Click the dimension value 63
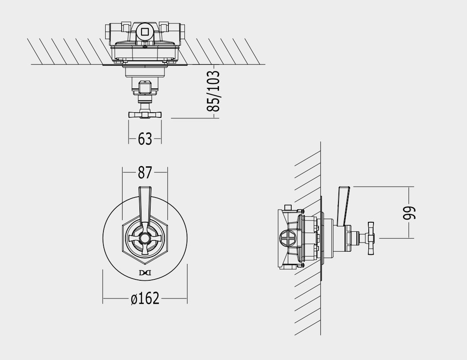point(145,139)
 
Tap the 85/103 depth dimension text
point(213,91)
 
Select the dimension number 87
point(145,172)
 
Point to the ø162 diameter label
point(145,298)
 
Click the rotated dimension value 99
point(409,213)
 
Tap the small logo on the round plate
point(145,272)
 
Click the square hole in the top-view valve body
point(145,32)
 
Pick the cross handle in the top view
point(145,114)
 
